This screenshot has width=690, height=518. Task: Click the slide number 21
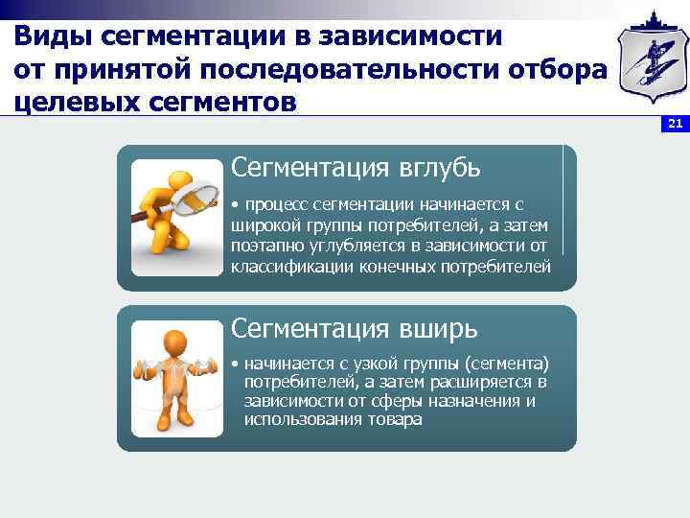[x=675, y=124]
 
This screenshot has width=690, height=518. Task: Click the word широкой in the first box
[x=263, y=225]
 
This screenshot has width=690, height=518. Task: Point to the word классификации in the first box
[x=291, y=266]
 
